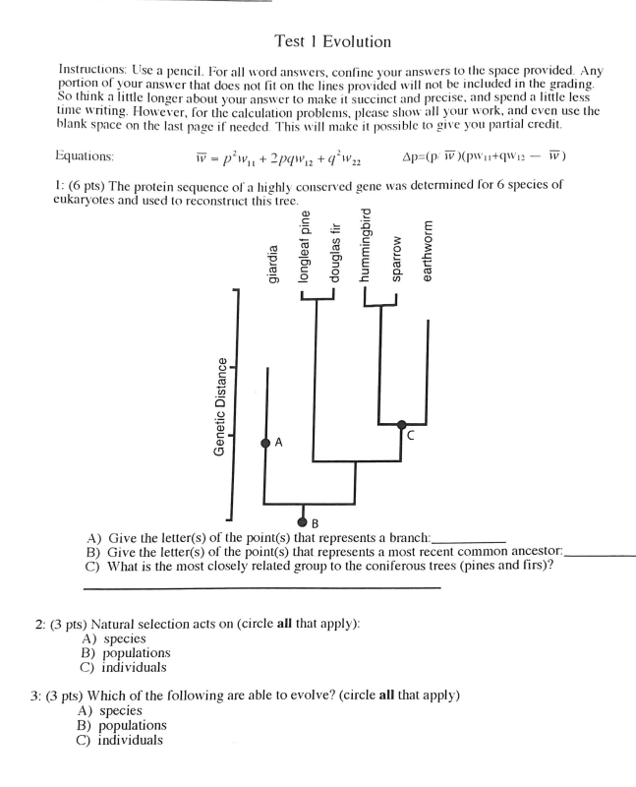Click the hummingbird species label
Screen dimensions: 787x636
[x=367, y=246]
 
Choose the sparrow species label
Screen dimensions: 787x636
[x=397, y=260]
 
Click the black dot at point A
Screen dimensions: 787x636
[x=264, y=444]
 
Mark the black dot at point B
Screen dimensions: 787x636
[x=303, y=520]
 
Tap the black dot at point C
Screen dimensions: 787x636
[x=401, y=425]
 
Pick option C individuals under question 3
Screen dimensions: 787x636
[x=120, y=740]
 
